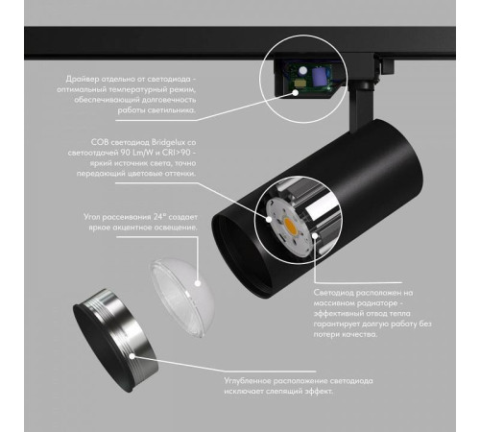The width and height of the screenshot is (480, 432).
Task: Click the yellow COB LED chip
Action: coord(290,227)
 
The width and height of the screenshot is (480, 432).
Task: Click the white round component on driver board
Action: coord(301,71)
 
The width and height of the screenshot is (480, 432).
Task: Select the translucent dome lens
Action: coord(181,298)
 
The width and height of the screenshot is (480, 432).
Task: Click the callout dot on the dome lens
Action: coord(198,283)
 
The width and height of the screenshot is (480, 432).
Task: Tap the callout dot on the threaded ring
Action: coord(132,356)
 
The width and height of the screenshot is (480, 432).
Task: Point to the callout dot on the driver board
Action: coord(295,92)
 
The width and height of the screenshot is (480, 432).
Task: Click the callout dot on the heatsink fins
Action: coord(315,235)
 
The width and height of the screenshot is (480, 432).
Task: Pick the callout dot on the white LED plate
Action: coord(269,219)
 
